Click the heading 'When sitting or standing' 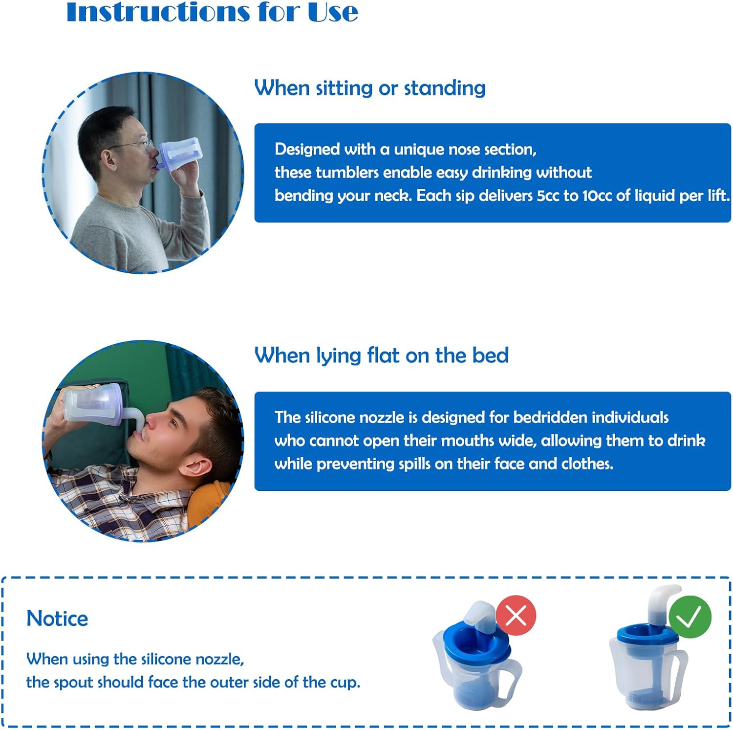[369, 88]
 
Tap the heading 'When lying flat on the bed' [381, 355]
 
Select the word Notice [57, 619]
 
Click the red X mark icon [516, 616]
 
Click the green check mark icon [690, 617]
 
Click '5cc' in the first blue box [548, 196]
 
